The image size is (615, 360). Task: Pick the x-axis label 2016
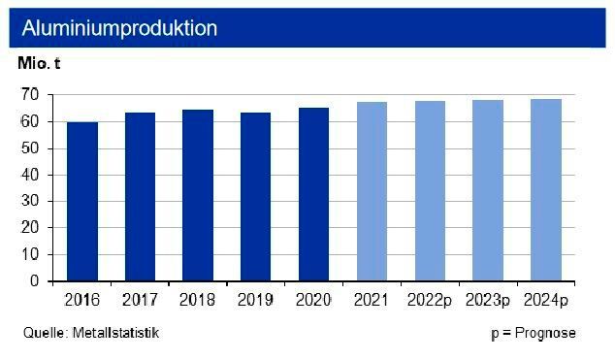(82, 299)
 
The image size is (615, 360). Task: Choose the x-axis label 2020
(313, 299)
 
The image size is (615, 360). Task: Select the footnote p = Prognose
(533, 333)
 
